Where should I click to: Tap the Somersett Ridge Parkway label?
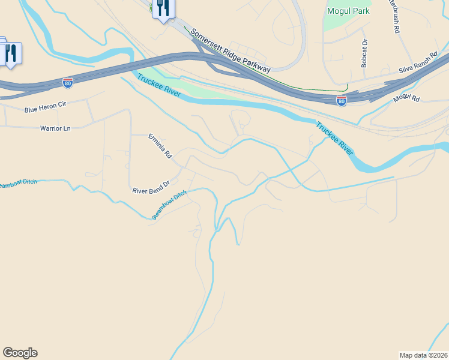tap(231, 52)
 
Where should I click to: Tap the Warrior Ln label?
tap(55, 128)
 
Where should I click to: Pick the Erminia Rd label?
tap(160, 146)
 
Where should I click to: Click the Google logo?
tap(20, 353)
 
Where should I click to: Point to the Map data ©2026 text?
tap(424, 355)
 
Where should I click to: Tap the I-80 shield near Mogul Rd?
tap(341, 101)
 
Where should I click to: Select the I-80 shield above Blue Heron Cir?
tap(68, 83)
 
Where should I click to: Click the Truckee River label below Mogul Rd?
tap(335, 139)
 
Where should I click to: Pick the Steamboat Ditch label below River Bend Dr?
tap(169, 205)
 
